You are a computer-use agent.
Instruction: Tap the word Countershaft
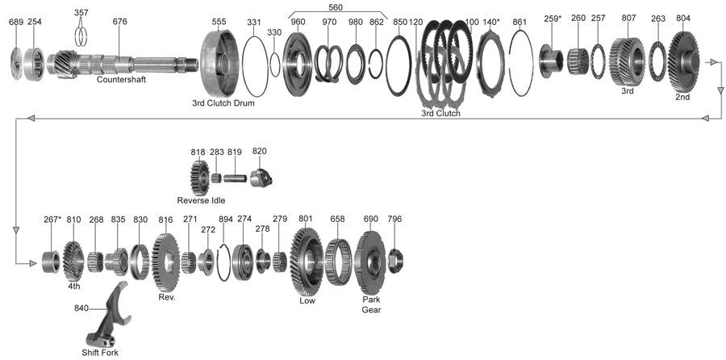point(122,80)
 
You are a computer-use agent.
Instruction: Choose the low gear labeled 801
point(307,260)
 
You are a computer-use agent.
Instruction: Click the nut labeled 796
point(394,259)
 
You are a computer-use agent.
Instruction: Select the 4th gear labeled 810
point(73,260)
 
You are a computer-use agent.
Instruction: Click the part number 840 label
point(81,308)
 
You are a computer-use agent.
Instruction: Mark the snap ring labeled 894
point(225,260)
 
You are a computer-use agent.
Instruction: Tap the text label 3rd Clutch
point(440,114)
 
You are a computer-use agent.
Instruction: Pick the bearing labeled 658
point(337,260)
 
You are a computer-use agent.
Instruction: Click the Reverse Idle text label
point(201,199)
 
